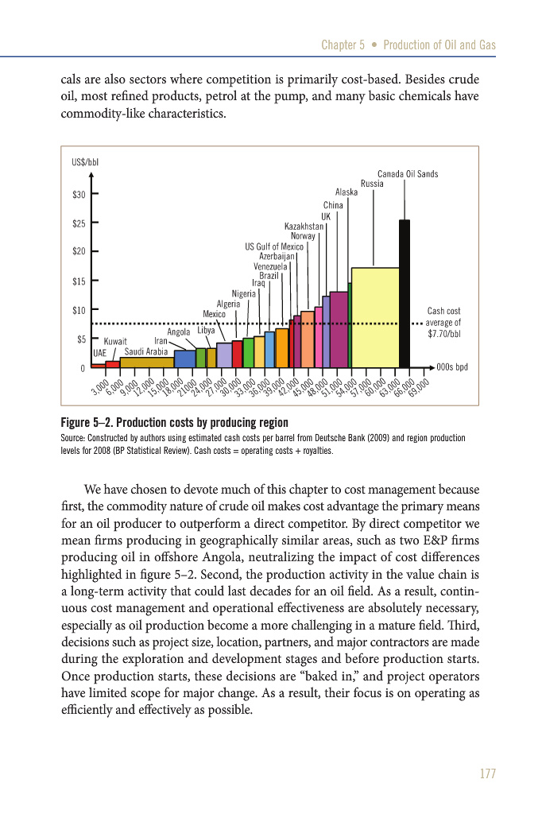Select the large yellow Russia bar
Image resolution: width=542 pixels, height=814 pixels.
pos(375,317)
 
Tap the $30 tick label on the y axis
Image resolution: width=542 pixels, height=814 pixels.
pos(79,194)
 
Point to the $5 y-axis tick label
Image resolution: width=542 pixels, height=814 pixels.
pos(82,339)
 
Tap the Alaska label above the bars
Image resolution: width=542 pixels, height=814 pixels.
pos(346,192)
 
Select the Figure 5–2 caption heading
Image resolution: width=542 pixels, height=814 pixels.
pos(174,421)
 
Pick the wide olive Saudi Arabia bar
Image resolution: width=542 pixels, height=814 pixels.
pos(146,362)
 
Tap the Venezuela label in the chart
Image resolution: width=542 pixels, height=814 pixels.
pos(270,266)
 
